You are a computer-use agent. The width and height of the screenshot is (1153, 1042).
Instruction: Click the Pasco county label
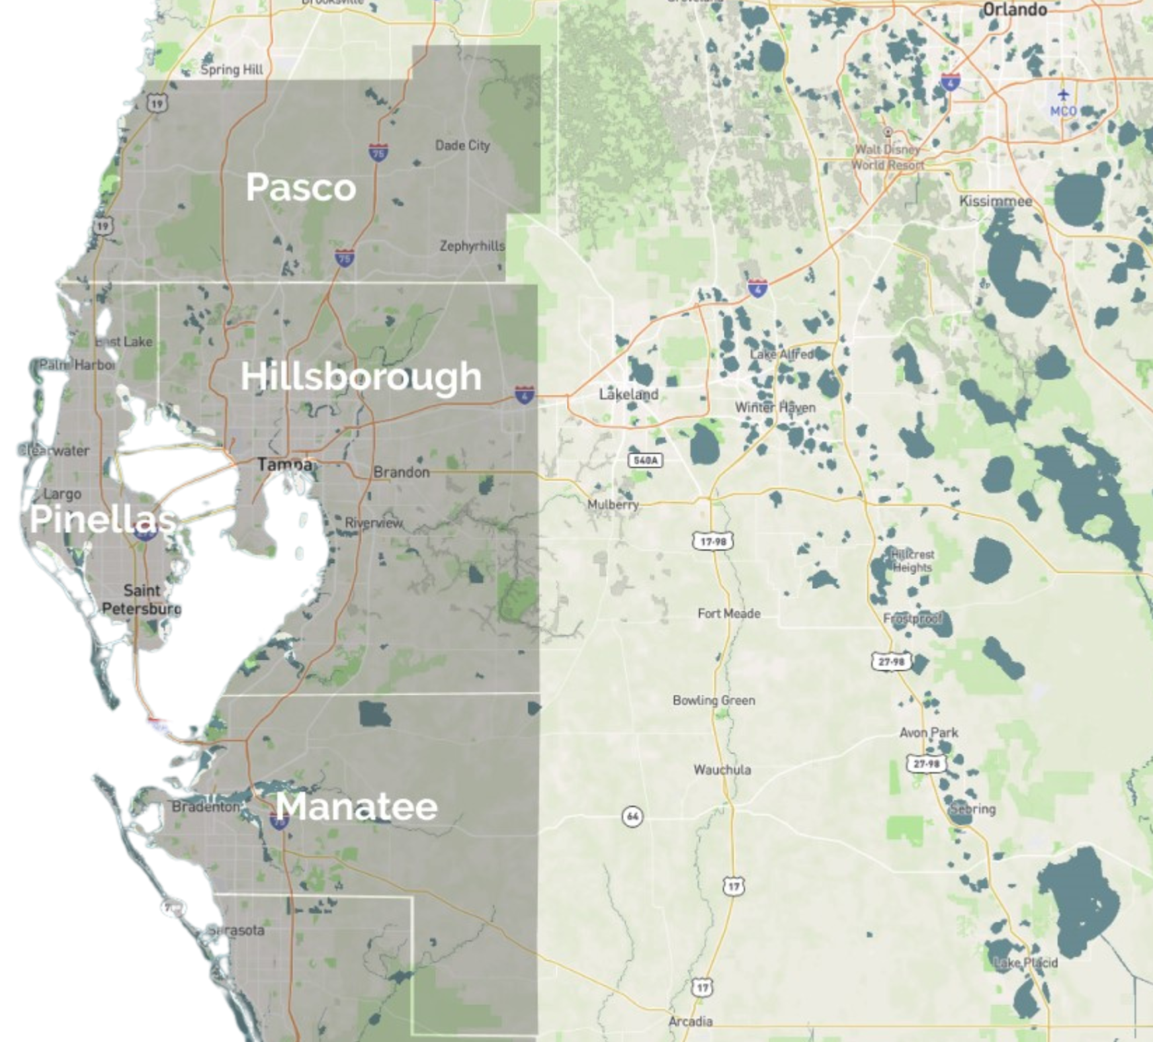[x=301, y=187]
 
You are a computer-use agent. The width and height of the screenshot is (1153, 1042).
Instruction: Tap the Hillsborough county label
[x=361, y=376]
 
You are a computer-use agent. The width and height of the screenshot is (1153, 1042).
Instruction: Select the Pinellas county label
[x=103, y=519]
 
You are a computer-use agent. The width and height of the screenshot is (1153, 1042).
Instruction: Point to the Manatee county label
[x=357, y=806]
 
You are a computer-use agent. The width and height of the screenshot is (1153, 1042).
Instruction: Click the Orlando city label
[x=1015, y=9]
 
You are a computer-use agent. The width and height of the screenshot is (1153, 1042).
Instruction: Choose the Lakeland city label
[x=628, y=394]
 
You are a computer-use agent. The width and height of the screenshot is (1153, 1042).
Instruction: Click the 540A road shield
[x=645, y=460]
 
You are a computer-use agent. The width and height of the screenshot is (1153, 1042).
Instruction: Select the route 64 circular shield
[x=632, y=816]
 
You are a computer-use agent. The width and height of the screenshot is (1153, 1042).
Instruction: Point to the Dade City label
[x=462, y=146]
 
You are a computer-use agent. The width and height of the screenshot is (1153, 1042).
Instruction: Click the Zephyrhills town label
[x=472, y=246]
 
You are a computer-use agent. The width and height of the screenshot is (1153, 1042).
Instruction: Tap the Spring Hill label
[x=232, y=69]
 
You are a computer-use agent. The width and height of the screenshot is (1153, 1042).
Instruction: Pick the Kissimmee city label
[x=996, y=201]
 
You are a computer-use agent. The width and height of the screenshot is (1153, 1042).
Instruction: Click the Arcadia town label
[x=690, y=1021]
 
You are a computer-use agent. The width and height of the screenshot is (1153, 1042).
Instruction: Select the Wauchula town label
[x=722, y=769]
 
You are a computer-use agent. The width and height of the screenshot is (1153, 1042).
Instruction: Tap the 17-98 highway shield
[x=712, y=542]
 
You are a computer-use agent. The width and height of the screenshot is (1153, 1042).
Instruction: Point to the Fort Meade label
[x=729, y=613]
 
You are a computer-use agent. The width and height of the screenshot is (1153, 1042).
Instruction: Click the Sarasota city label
[x=235, y=930]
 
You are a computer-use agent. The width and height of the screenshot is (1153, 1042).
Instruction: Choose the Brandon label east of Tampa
[x=402, y=472]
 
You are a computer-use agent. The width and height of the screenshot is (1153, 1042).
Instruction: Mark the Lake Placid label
[x=1026, y=963]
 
